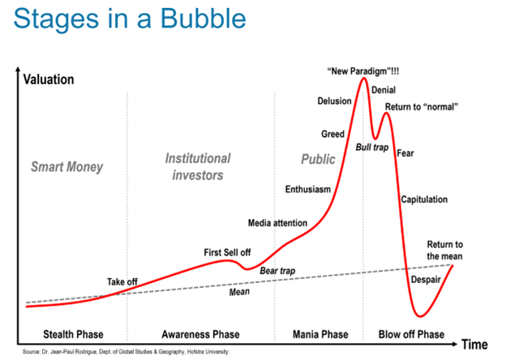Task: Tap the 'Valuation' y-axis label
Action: (x=49, y=79)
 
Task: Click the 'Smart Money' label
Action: (x=67, y=168)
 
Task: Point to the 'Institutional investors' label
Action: (x=198, y=166)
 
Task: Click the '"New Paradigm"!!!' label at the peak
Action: (x=363, y=71)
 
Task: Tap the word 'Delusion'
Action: (x=334, y=101)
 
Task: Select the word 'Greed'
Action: (x=332, y=134)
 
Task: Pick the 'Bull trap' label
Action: (x=372, y=147)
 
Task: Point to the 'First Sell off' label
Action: (x=227, y=253)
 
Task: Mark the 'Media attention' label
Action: (x=278, y=223)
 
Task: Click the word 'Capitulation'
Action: (x=424, y=199)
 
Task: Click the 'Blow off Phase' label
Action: (x=411, y=334)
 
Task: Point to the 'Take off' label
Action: (x=122, y=281)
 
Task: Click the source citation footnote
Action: (x=126, y=352)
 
